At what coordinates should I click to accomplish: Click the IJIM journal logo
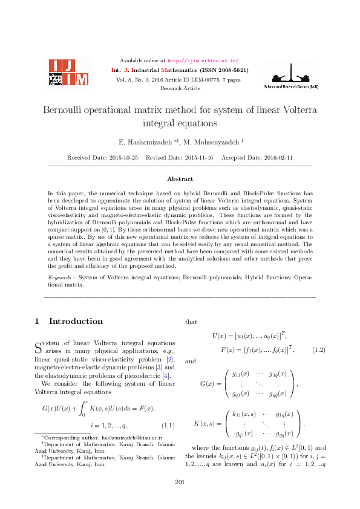tap(68, 73)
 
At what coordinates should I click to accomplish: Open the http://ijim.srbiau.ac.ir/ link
tap(203, 60)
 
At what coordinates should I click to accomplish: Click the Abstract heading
tap(180, 179)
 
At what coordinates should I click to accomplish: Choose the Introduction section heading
tap(76, 321)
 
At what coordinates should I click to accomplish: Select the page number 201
tap(179, 481)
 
